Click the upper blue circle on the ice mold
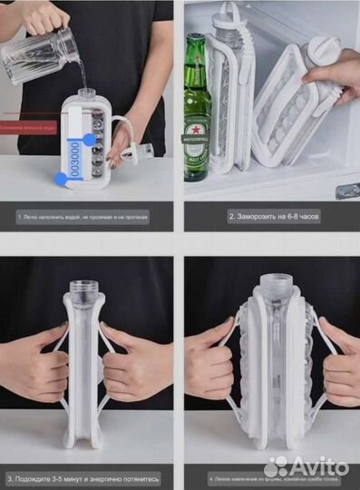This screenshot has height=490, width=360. coord(88,139)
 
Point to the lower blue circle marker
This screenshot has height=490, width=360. coord(61,179)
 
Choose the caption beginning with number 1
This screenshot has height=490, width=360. coord(83,217)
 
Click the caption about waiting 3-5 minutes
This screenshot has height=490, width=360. coord(83,477)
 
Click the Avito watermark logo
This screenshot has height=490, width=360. coord(308,467)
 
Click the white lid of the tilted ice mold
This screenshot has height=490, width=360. coord(318,51)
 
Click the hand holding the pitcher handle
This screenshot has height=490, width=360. coord(45,15)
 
